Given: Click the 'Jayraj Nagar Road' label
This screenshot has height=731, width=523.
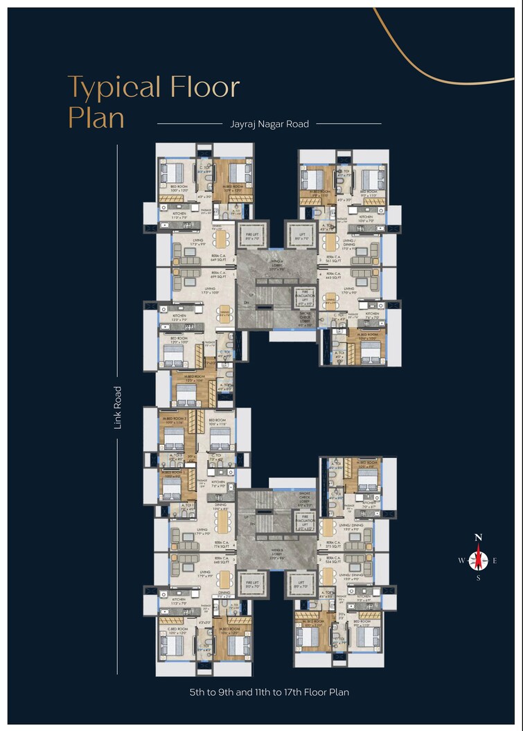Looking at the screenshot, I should [269, 124].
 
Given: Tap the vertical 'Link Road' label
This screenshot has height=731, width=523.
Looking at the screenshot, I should [118, 407].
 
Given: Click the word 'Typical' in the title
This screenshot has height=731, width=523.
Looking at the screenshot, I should [114, 88].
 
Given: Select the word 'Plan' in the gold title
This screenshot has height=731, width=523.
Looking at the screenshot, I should [96, 117].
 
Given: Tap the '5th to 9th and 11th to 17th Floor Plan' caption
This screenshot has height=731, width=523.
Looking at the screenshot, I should [269, 692].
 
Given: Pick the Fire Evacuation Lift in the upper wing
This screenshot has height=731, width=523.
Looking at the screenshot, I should [306, 297].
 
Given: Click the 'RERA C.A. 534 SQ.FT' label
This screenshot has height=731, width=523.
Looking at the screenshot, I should [333, 560].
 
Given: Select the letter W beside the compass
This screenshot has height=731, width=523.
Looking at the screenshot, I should [461, 561].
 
